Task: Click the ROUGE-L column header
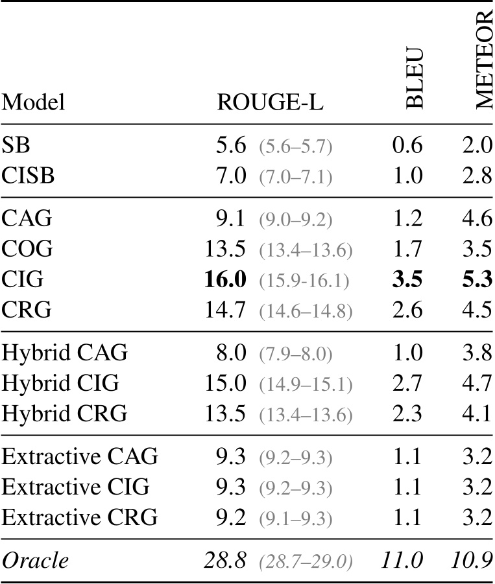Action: click(x=271, y=102)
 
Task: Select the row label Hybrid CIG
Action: click(x=61, y=383)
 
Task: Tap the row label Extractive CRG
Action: click(x=80, y=518)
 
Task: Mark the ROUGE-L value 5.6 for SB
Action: click(x=232, y=147)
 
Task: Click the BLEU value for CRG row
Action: click(x=407, y=310)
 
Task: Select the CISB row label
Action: click(x=27, y=176)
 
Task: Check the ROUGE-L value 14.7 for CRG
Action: click(x=224, y=310)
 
